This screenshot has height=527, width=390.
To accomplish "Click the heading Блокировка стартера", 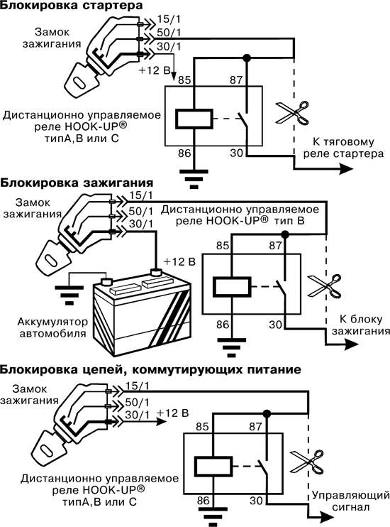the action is pyautogui.click(x=71, y=6).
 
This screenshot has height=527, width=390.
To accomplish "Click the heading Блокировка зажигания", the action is pyautogui.click(x=77, y=183).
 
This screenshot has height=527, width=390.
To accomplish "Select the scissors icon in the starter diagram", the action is pyautogui.click(x=292, y=113).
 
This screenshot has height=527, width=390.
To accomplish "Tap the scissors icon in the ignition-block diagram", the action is pyautogui.click(x=325, y=286).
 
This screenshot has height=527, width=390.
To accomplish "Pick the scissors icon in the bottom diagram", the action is pyautogui.click(x=306, y=462).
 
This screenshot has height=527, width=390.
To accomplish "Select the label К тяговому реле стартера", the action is pyautogui.click(x=343, y=148).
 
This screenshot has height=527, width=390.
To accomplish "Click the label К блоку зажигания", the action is pyautogui.click(x=361, y=325).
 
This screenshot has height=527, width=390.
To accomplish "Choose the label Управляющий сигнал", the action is pyautogui.click(x=351, y=501).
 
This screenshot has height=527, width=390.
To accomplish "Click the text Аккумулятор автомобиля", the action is pyautogui.click(x=52, y=327).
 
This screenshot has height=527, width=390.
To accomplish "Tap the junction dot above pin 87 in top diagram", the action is pyautogui.click(x=247, y=58).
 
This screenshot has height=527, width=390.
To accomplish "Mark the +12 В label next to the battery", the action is pyautogui.click(x=179, y=261).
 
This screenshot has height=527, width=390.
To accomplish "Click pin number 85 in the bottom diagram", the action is pyautogui.click(x=203, y=427).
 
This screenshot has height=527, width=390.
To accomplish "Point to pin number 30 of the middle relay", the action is pyautogui.click(x=276, y=325).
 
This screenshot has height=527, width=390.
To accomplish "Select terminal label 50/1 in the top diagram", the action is pyautogui.click(x=169, y=33).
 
